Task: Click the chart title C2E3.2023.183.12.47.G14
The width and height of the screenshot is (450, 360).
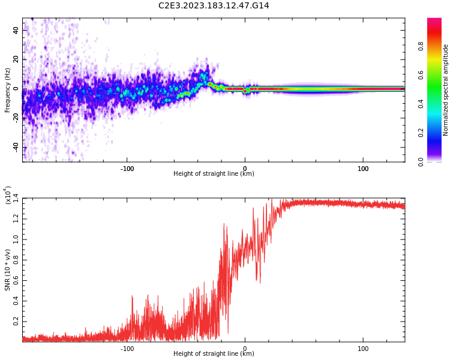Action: coord(214,5)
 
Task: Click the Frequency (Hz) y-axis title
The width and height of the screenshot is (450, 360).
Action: coord(7,90)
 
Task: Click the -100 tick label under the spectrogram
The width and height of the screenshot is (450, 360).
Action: coord(127,169)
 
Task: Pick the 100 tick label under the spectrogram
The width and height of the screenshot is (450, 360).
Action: coord(363,169)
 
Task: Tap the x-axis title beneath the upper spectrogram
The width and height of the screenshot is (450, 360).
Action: coord(214,174)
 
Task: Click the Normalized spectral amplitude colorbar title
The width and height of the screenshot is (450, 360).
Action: coord(446,90)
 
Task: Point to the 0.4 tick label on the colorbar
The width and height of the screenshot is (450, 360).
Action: coord(438,104)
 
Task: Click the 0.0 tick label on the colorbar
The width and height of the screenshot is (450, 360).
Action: coord(438,161)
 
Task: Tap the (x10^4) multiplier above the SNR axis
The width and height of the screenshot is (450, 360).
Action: coord(8,196)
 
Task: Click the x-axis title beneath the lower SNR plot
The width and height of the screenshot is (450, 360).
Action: coord(214,354)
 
